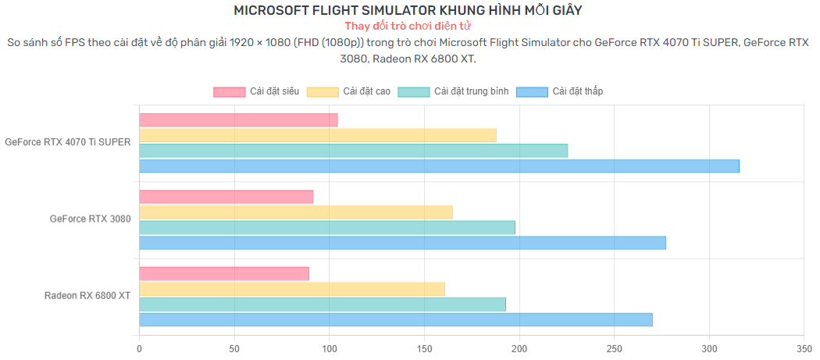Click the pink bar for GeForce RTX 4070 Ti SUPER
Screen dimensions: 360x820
click(x=238, y=119)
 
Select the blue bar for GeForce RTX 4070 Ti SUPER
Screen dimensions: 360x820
click(x=439, y=166)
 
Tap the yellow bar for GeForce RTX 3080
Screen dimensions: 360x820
click(x=296, y=212)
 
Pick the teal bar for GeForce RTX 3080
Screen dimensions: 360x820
click(x=327, y=227)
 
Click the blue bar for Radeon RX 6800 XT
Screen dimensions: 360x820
click(x=396, y=319)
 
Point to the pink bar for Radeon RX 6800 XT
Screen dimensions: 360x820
click(x=224, y=273)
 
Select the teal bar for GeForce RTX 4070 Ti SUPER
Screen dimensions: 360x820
click(x=354, y=151)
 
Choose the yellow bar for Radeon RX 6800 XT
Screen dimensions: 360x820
click(x=292, y=289)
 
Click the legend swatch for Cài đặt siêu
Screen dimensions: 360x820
click(x=228, y=92)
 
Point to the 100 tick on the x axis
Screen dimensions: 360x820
click(x=330, y=349)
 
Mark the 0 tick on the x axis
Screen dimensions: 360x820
click(x=140, y=349)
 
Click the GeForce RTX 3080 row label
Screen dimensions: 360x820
click(x=90, y=219)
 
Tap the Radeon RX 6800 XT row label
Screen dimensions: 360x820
click(x=87, y=296)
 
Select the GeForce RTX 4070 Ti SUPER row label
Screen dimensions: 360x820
click(x=68, y=143)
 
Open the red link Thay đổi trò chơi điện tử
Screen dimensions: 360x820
click(x=408, y=26)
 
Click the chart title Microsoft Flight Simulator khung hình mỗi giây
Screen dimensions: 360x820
click(x=408, y=10)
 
